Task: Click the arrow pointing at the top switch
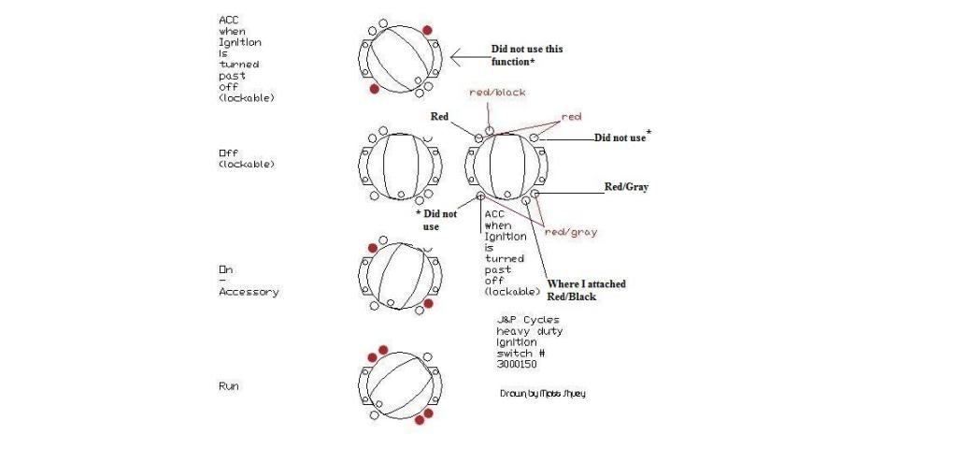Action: click(x=468, y=59)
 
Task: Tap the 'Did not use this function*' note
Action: click(x=527, y=55)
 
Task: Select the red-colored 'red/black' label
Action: click(x=497, y=93)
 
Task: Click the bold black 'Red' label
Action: click(x=439, y=117)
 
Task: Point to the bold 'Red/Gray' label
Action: click(x=626, y=187)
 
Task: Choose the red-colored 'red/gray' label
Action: click(x=571, y=232)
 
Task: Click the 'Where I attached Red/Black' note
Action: click(x=587, y=290)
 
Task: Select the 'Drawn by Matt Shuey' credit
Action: click(x=543, y=394)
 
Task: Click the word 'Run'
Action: click(x=228, y=386)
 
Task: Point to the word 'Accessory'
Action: click(x=249, y=292)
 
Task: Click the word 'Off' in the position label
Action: click(x=228, y=153)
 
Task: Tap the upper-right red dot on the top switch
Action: click(x=428, y=30)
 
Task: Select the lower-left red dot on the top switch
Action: click(x=375, y=89)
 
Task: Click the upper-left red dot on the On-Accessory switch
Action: click(x=373, y=248)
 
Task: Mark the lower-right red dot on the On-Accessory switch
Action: click(x=428, y=303)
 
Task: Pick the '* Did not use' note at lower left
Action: click(x=436, y=220)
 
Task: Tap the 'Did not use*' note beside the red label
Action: click(x=621, y=137)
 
